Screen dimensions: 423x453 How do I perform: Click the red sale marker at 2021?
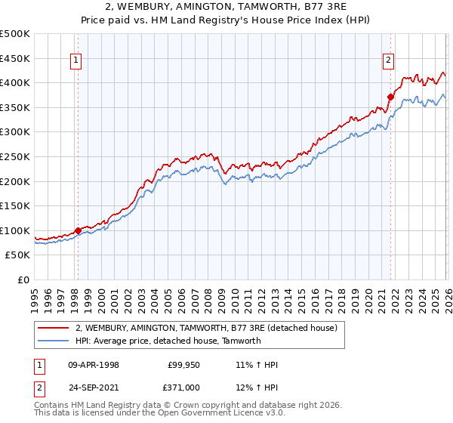coord(390,97)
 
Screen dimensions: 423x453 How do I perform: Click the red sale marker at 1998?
coord(78,231)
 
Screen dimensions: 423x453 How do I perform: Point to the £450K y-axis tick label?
coord(15,58)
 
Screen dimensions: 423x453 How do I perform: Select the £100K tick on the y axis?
coord(15,231)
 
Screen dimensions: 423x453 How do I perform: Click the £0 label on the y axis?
coord(24,280)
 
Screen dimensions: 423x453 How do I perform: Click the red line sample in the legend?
coord(54,328)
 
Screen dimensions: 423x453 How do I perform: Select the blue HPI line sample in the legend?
coord(54,341)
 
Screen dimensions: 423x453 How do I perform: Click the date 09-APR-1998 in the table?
coord(94,365)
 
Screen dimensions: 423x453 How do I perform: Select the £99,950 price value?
coord(182,365)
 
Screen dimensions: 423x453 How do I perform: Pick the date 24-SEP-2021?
coord(94,387)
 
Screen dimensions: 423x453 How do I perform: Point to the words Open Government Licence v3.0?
coord(223,414)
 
